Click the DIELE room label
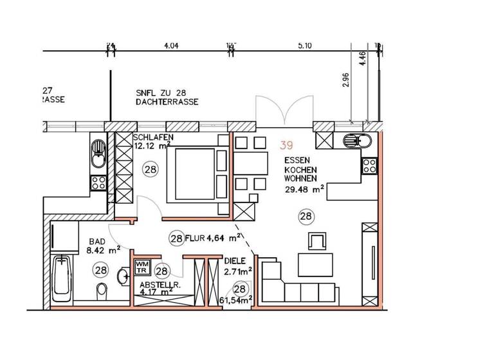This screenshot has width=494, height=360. pos(235,262)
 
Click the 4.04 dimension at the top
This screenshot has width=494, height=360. pos(170,46)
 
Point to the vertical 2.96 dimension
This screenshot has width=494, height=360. pos(346,80)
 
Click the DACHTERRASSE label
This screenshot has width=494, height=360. pos(167,102)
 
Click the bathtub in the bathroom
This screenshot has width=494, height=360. pos(62,280)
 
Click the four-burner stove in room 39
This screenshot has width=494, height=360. pos(369,166)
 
